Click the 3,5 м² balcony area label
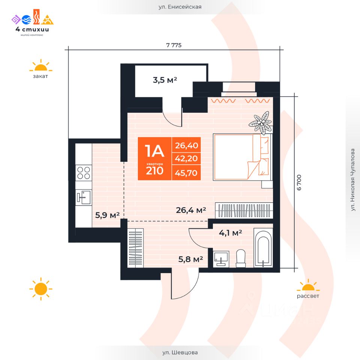(x=165, y=80)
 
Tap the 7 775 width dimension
(x=174, y=45)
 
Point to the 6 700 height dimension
(x=299, y=183)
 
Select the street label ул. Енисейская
(x=180, y=7)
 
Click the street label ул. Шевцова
(x=180, y=352)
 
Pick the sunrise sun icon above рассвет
(x=308, y=285)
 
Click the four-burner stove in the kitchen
(x=84, y=172)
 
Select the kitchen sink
(x=84, y=197)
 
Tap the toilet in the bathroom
(x=241, y=258)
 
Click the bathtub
(x=263, y=248)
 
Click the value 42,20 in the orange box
(x=186, y=158)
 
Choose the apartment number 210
(x=154, y=171)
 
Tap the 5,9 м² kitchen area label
(x=107, y=215)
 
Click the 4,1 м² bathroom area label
(x=230, y=233)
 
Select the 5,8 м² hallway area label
(x=190, y=259)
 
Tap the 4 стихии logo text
(x=32, y=29)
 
